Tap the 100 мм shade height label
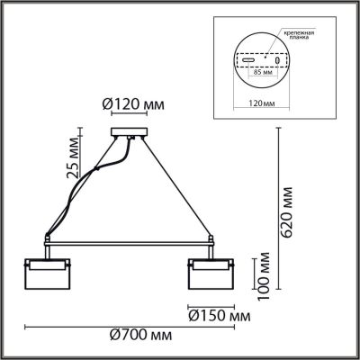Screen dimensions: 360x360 (264, 275)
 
